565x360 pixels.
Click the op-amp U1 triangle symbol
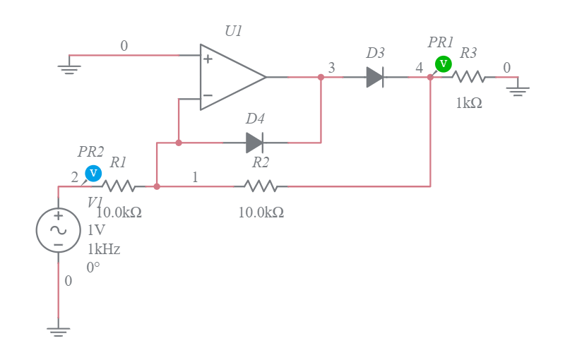click(x=230, y=77)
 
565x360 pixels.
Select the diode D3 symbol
click(x=375, y=77)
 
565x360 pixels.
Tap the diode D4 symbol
click(x=254, y=143)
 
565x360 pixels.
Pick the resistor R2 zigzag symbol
click(x=261, y=186)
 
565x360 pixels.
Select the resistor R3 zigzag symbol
click(x=468, y=77)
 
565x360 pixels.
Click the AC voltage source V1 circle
click(x=58, y=230)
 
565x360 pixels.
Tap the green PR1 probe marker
click(x=443, y=64)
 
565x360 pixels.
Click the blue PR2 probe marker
click(x=93, y=173)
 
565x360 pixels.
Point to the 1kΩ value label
click(x=469, y=103)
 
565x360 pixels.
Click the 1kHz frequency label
click(x=104, y=249)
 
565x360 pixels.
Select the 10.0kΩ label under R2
click(x=261, y=212)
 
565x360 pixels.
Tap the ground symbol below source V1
click(x=58, y=330)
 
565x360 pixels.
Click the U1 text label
click(x=233, y=31)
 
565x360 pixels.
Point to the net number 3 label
click(x=331, y=68)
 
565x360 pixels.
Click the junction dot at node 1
click(x=157, y=186)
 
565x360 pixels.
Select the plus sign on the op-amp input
click(x=208, y=59)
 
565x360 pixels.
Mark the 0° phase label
click(x=94, y=268)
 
